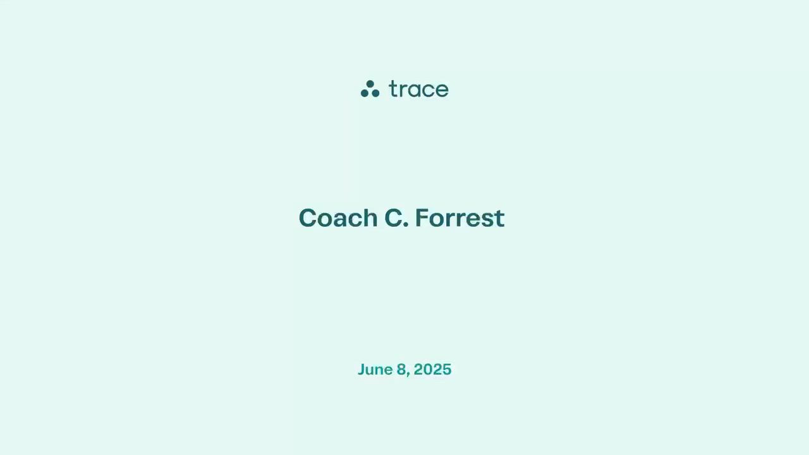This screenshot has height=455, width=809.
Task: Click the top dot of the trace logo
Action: coord(370,84)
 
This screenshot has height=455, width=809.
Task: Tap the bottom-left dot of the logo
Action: coord(365,93)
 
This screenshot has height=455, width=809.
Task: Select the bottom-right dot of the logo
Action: coord(375,93)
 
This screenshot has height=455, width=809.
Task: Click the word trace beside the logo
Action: coord(419,89)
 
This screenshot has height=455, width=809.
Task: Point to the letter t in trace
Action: coord(393,89)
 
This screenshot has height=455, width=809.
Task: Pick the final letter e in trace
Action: coord(442,90)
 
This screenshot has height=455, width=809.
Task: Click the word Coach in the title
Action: coord(338,218)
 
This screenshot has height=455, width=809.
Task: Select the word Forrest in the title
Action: coord(459,218)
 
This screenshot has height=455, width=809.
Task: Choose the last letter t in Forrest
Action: coord(500,219)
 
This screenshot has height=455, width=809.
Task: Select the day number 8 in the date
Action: coord(401,370)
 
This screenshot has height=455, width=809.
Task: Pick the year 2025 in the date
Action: coord(432,370)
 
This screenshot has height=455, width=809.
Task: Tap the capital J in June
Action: coord(362,370)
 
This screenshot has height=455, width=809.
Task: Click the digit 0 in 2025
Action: coord(428,370)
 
